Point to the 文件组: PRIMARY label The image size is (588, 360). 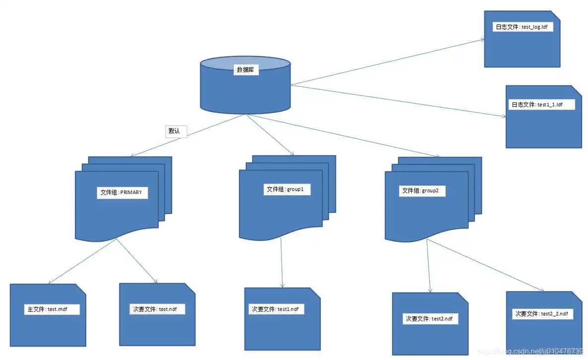coord(123,192)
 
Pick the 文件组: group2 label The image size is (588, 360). coord(422,191)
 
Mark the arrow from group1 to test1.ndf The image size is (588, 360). coord(282,263)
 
